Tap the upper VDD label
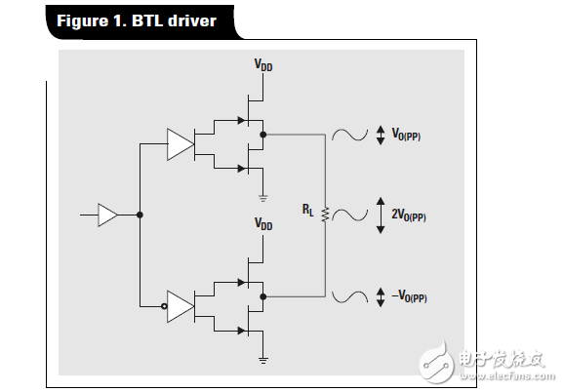[263, 65]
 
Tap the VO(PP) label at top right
[404, 137]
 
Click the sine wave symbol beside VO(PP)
[349, 136]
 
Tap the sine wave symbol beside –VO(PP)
[349, 295]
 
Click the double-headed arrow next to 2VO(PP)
[381, 215]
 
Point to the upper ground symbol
[263, 197]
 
